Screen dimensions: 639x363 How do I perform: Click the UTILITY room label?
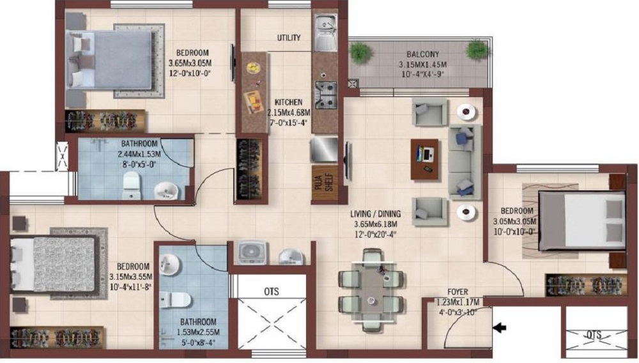coord(289,38)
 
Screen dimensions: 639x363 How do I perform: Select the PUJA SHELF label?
coord(325,183)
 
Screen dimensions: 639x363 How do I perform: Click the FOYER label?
coord(458,291)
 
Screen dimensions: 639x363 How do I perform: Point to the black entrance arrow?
coord(500,328)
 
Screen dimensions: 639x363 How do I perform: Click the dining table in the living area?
coord(371,290)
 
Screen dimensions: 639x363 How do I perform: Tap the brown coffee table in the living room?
coord(424,159)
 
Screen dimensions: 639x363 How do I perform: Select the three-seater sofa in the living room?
coord(465,162)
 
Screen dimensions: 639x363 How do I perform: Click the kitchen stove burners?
coord(326,95)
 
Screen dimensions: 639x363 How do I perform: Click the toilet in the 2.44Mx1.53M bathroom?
coord(131,185)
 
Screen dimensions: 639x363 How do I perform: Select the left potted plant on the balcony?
coord(360,52)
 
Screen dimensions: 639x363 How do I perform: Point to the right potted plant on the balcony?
coord(477,50)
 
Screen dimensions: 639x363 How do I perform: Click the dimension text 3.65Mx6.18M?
coord(375,224)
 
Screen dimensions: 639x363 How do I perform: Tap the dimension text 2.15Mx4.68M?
coord(289,112)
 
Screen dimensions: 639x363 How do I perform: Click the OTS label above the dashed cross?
coord(272,291)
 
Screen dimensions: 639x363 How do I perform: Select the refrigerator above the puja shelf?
coord(325,150)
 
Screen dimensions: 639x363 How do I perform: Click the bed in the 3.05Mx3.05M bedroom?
coord(582,220)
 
